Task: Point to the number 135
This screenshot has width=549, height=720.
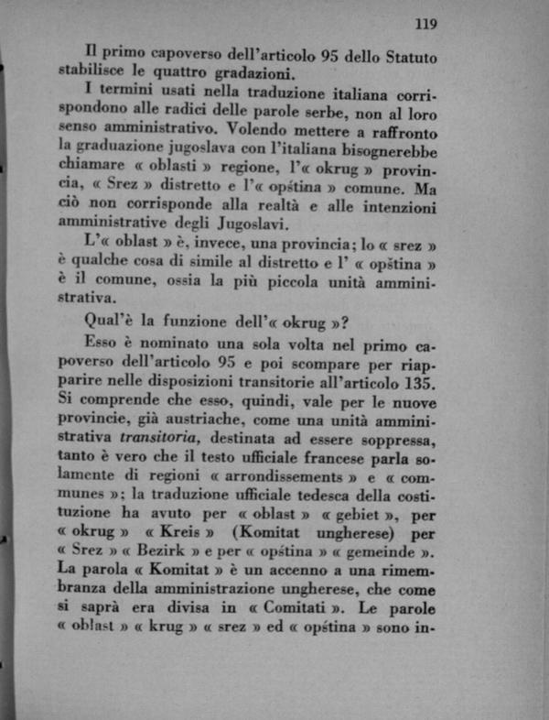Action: point(419,379)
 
